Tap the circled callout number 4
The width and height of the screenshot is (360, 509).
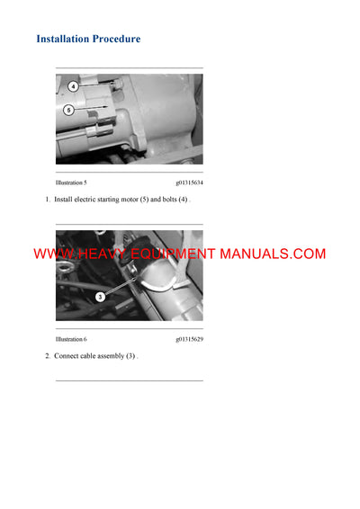pos(73,86)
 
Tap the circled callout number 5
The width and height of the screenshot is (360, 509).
pos(68,110)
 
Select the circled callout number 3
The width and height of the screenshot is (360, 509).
pos(100,295)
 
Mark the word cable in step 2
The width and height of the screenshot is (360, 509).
pos(92,356)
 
